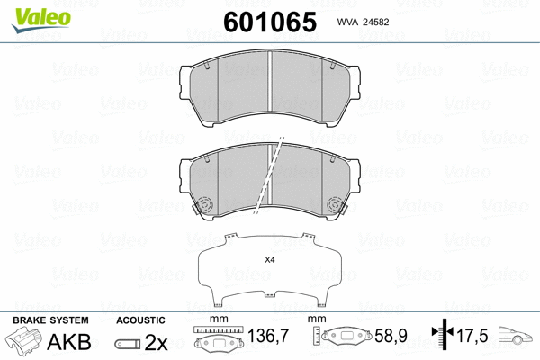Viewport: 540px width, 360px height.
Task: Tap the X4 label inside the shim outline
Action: pyautogui.click(x=269, y=260)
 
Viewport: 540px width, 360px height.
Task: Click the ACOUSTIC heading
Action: pyautogui.click(x=140, y=319)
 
